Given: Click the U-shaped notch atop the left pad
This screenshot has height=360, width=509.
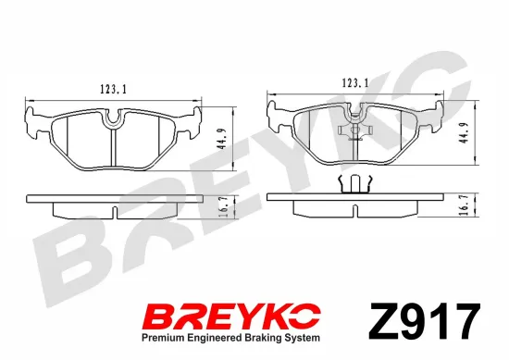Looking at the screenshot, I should tap(114, 117).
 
